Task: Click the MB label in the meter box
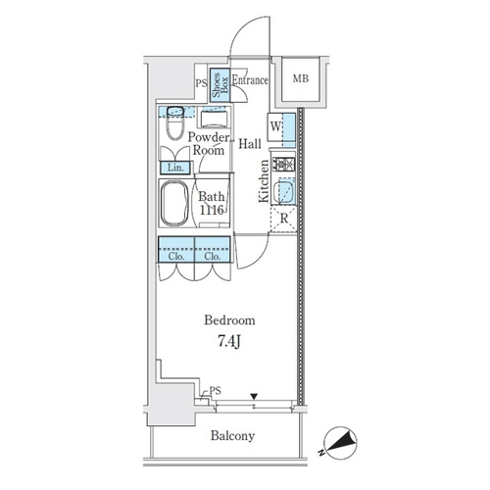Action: [x=301, y=78]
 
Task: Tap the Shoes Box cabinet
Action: [x=220, y=85]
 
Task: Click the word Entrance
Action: [x=250, y=80]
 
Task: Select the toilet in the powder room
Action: [x=175, y=123]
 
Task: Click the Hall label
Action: [x=250, y=144]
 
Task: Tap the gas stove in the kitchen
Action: [x=284, y=165]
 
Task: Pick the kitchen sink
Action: [x=284, y=192]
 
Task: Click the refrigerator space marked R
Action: [x=283, y=219]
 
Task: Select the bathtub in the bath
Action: [x=174, y=203]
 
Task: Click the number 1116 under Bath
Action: [x=212, y=210]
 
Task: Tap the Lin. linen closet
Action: [x=175, y=168]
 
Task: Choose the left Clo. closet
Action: [x=176, y=249]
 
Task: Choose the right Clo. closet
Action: [x=213, y=249]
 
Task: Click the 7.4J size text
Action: [x=229, y=342]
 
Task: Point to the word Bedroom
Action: [x=229, y=320]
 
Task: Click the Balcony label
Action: [x=232, y=436]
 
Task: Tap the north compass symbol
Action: [x=340, y=443]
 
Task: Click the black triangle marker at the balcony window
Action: [x=254, y=397]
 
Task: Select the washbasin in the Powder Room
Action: [x=214, y=120]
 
